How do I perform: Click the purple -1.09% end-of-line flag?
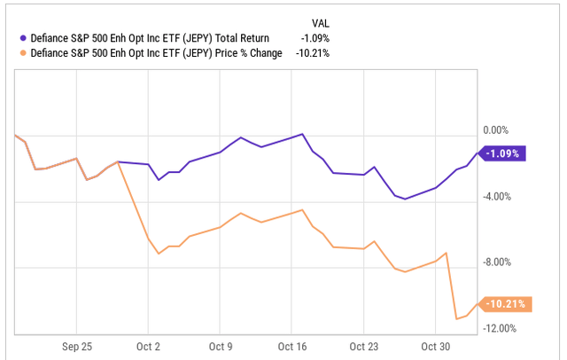tap(504, 153)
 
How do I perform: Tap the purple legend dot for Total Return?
tap(22, 37)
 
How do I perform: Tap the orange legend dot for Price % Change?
tap(22, 53)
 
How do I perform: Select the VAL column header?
tap(324, 21)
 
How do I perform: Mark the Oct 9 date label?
tap(220, 345)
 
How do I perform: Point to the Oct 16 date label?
tap(291, 345)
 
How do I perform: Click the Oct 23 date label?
tap(363, 345)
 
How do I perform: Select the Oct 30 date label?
tap(436, 345)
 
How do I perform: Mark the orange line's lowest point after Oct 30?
tap(456, 318)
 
